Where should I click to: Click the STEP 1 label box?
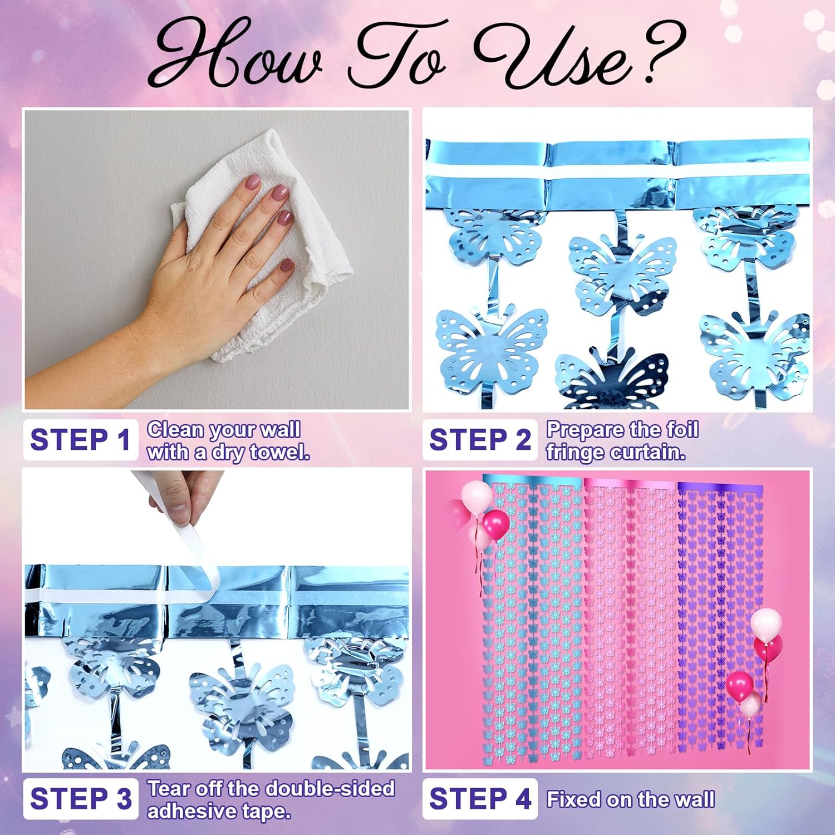(80, 440)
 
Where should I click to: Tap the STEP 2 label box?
(479, 440)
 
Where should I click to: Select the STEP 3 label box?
(80, 799)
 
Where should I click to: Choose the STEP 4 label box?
(479, 799)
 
